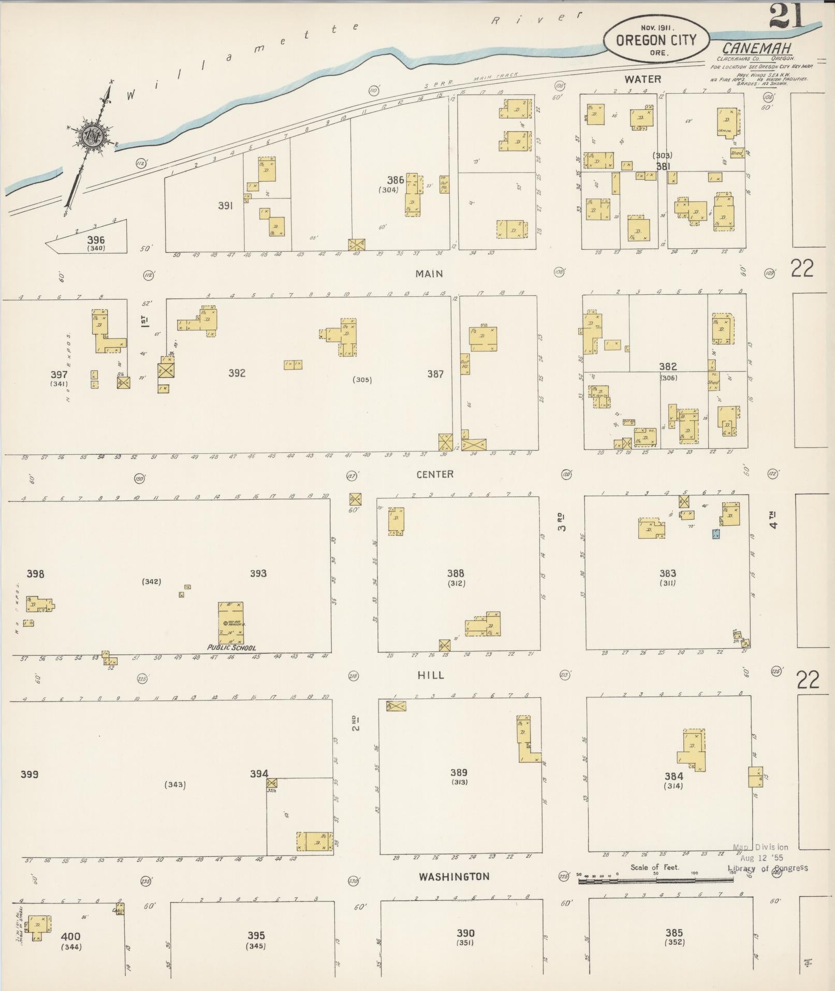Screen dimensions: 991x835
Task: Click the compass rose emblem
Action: tap(94, 136)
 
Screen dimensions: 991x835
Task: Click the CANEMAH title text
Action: tap(756, 49)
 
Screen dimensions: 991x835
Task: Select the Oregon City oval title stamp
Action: tap(656, 39)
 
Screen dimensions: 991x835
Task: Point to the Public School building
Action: tap(231, 622)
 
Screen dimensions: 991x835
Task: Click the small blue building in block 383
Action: tap(716, 534)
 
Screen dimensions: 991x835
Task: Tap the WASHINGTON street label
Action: tap(454, 877)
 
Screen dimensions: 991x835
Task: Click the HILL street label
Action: tap(431, 675)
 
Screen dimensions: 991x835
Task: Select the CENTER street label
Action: tap(435, 474)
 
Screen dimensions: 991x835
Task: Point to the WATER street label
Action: tap(642, 79)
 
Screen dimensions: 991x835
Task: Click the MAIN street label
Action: tap(429, 274)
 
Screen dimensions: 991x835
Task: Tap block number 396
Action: tap(96, 240)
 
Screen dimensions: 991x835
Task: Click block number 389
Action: tap(459, 772)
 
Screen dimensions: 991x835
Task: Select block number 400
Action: tap(71, 937)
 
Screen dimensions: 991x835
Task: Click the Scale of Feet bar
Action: tap(655, 879)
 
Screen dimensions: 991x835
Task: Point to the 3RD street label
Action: tap(562, 521)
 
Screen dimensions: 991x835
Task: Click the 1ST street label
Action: tap(145, 321)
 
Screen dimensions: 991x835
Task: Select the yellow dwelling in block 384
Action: tap(693, 750)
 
